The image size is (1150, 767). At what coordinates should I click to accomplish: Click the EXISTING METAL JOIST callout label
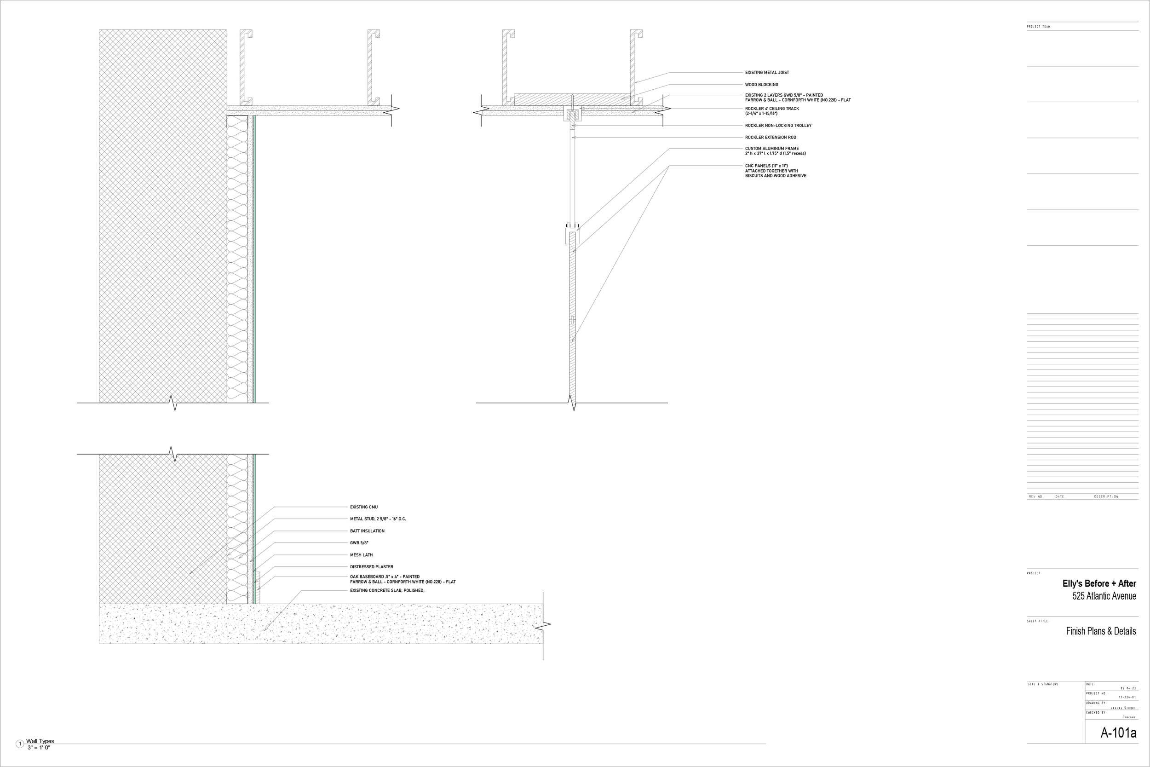767,72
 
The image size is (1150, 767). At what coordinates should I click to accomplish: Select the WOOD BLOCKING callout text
761,85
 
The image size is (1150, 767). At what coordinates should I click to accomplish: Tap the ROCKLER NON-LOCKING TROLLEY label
778,126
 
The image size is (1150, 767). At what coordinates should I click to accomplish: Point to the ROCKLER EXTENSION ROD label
770,138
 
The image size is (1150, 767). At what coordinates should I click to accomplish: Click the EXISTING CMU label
363,507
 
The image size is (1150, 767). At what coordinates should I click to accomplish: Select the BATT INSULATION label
367,531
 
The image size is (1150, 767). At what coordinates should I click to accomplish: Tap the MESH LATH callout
361,555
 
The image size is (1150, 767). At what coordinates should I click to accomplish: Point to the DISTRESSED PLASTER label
371,567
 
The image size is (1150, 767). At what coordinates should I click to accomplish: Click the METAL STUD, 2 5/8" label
378,519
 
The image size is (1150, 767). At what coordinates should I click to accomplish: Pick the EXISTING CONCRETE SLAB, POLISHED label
387,591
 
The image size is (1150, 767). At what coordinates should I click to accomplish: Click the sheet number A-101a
1118,733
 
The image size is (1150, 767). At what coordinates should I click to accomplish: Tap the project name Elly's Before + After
1098,583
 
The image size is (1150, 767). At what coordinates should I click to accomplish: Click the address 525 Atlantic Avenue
1104,596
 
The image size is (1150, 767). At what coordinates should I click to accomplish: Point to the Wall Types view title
40,741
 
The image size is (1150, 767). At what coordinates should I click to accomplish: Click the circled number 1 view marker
20,744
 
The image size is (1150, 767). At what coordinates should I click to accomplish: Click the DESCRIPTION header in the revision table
1106,496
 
